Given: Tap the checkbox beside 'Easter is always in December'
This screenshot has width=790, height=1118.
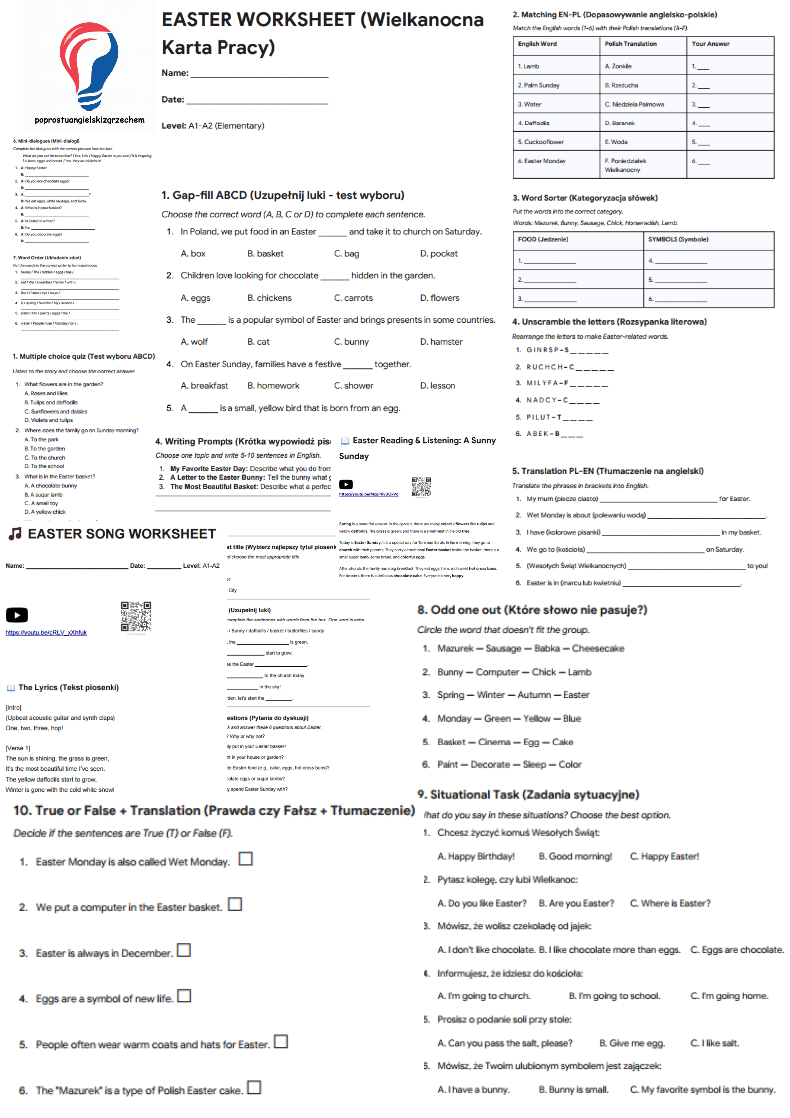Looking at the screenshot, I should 184,950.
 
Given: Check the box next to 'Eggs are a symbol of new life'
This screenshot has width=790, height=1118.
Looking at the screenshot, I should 184,995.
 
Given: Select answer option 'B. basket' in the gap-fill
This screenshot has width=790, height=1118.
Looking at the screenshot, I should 265,253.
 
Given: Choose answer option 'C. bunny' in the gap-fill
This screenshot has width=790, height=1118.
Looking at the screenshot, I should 351,342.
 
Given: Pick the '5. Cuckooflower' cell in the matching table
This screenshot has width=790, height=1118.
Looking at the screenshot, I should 541,142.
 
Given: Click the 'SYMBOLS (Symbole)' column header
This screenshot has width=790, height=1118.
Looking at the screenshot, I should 678,239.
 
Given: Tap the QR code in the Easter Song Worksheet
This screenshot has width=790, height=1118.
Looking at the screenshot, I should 136,616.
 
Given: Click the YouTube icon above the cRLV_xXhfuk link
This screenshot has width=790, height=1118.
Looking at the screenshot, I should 17,615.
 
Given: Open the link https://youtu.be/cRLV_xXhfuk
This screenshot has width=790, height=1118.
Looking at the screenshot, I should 46,633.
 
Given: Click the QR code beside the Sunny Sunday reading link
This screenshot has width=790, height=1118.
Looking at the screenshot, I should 421,487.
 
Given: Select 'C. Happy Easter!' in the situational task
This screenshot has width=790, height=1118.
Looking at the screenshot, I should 664,856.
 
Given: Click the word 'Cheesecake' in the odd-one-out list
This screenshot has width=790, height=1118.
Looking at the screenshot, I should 598,648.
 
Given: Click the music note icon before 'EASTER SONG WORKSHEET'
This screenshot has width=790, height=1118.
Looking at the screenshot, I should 15,534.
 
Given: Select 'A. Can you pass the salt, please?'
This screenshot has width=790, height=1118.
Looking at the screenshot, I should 505,1043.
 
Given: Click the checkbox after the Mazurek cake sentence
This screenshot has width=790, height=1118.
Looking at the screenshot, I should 254,1087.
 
